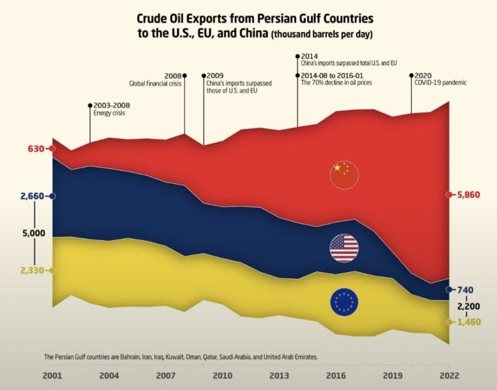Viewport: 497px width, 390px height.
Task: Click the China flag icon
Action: [344, 175]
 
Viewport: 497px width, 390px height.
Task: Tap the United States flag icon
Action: [344, 248]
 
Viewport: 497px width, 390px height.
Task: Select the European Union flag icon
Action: [344, 302]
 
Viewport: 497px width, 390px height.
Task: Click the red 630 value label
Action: [35, 149]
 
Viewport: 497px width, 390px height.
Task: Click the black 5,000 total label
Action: [34, 233]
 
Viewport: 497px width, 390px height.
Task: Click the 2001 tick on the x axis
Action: [52, 376]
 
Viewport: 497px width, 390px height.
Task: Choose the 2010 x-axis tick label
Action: [222, 376]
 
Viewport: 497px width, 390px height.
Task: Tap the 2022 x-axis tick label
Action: [448, 376]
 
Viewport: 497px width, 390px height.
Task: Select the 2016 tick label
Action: [336, 376]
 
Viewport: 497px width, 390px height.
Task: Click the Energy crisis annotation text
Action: [109, 113]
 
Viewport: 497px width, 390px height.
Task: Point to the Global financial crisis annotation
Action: [155, 84]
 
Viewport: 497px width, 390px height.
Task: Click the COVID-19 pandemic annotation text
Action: [440, 83]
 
